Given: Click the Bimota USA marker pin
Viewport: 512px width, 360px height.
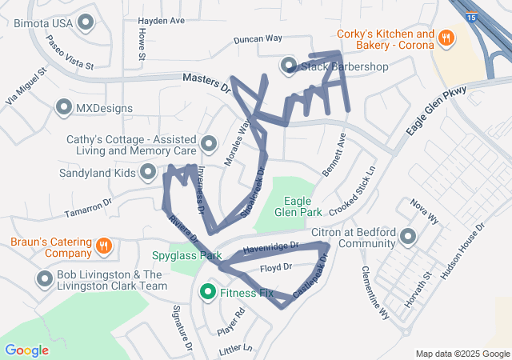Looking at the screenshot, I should (x=85, y=23).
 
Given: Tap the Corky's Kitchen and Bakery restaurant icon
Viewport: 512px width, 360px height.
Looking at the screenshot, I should (x=447, y=37).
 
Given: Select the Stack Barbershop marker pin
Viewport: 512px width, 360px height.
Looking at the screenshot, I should (x=288, y=65).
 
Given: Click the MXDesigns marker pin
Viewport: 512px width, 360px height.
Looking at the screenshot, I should (x=64, y=106).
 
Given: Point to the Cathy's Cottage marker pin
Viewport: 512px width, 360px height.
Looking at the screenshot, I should (x=209, y=144).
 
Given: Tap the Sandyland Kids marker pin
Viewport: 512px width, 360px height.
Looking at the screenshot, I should (x=148, y=171).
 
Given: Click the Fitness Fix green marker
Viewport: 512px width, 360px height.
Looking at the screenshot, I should (x=208, y=293).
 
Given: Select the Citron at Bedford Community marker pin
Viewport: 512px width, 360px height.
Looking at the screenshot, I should (x=409, y=237).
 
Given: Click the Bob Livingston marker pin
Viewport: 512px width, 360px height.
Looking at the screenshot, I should (x=45, y=279).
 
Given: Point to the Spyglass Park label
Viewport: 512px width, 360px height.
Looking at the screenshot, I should (x=186, y=256).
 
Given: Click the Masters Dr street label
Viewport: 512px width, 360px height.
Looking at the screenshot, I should (x=206, y=79).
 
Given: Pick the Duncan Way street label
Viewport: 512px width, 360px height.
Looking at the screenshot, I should (x=258, y=38).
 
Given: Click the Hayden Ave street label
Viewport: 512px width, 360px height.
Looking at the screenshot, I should (x=161, y=20).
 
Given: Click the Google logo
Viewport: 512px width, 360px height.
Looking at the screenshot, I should (x=26, y=350).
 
